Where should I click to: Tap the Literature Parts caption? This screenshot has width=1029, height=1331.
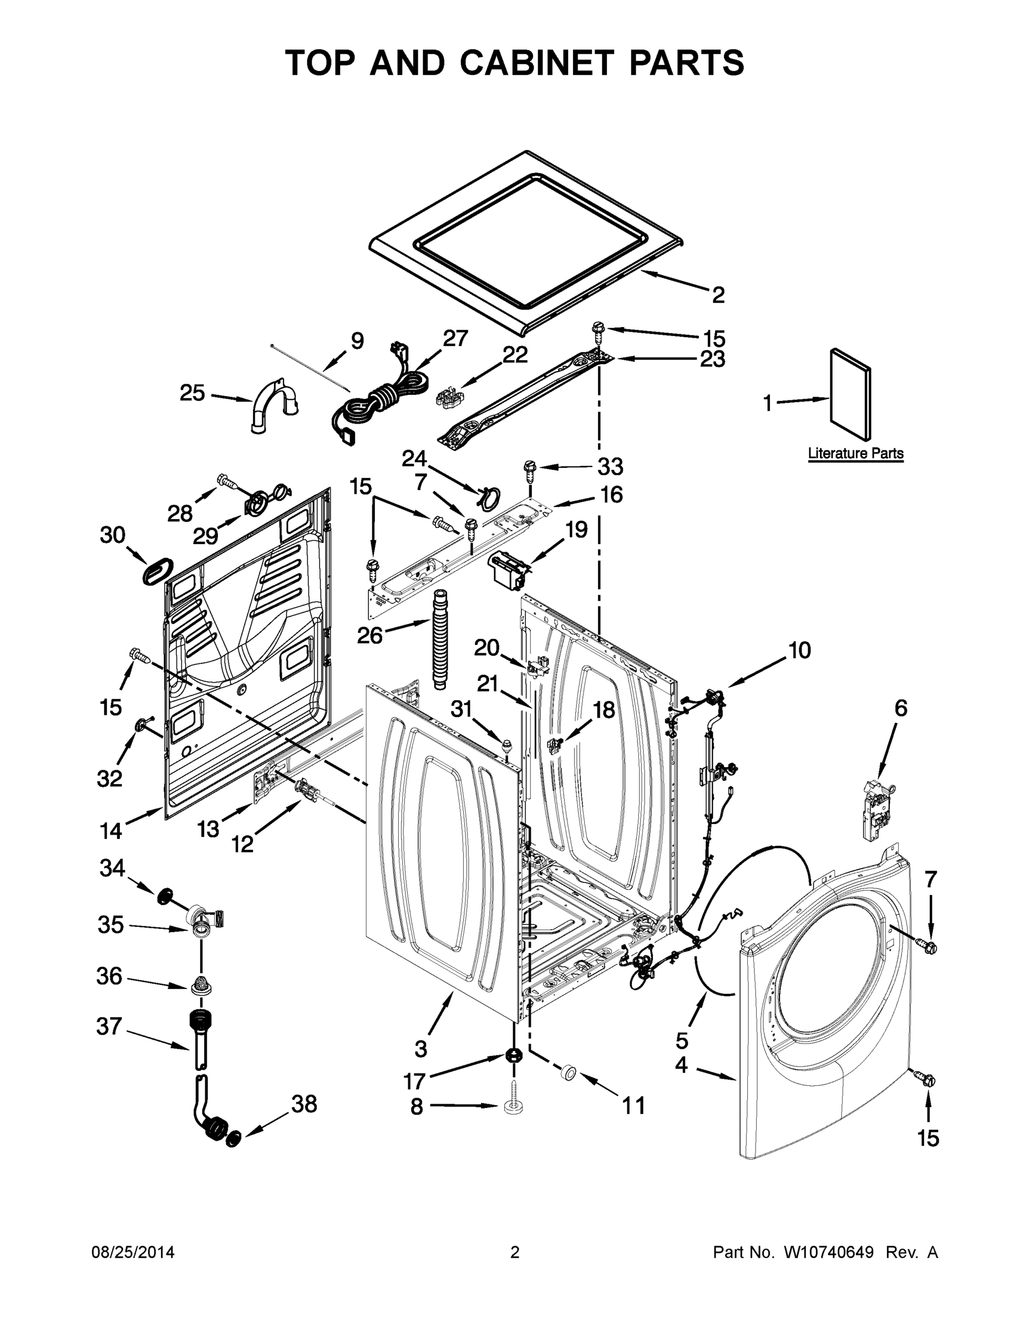coord(855,454)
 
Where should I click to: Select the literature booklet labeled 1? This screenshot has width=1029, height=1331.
coord(851,394)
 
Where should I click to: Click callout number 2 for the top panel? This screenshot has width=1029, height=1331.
coord(719,295)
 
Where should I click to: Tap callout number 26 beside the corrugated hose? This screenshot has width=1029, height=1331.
coord(369,635)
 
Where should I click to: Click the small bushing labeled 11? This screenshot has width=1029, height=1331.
coord(569,1072)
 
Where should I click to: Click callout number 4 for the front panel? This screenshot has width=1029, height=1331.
coord(682,1065)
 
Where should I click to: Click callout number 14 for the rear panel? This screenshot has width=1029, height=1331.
coord(111,830)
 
